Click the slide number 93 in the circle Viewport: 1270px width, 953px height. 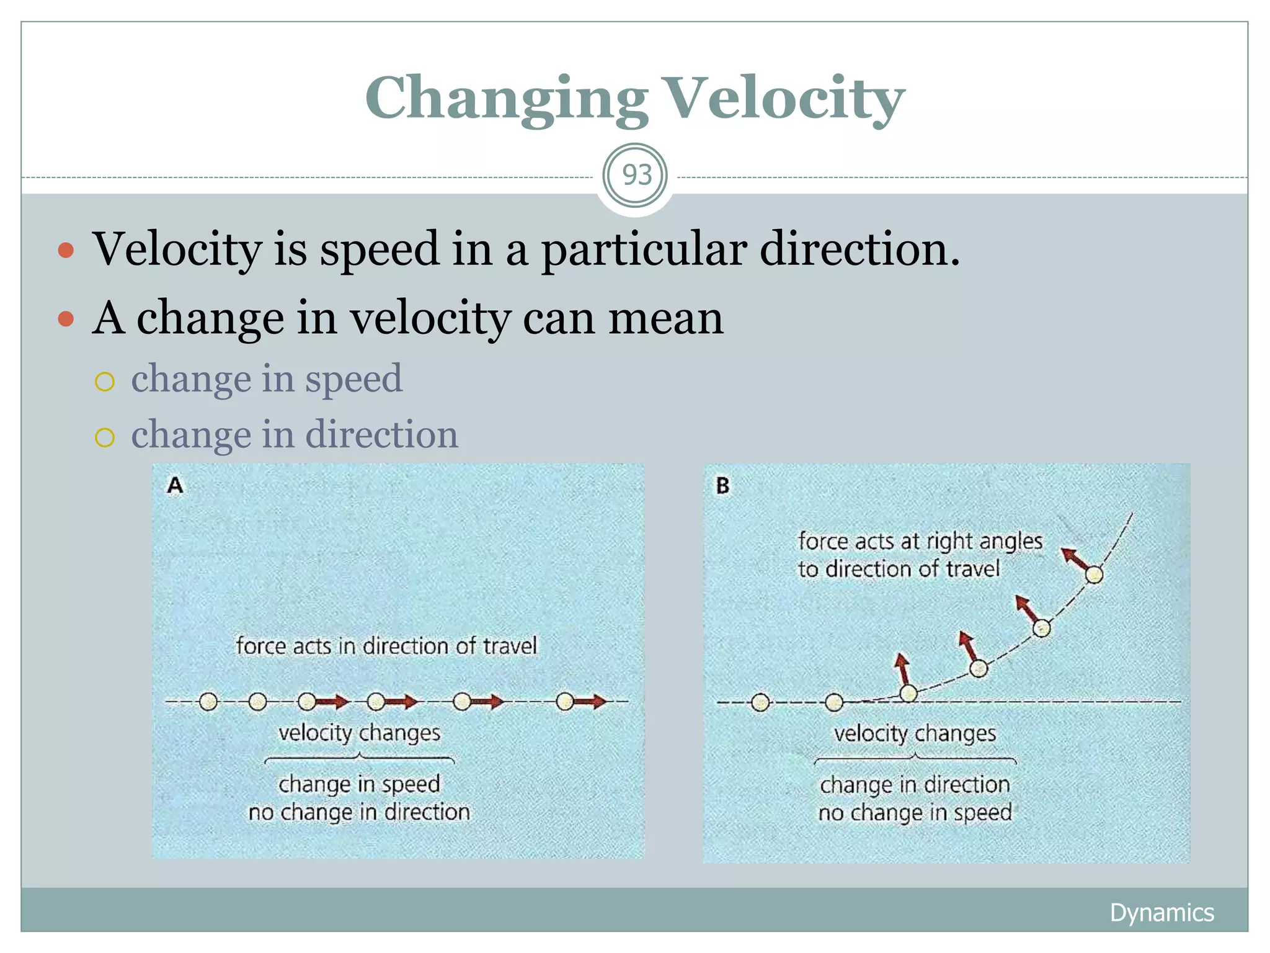tap(636, 176)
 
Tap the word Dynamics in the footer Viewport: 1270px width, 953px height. tap(1161, 913)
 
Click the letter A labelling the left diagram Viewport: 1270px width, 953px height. tap(175, 485)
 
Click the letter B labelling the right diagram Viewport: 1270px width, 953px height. tap(722, 485)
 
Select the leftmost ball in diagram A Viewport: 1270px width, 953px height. tap(208, 702)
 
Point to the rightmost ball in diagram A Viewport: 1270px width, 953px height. tap(564, 702)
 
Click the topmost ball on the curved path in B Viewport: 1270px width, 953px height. tap(1094, 575)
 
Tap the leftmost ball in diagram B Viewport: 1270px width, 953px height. tap(760, 702)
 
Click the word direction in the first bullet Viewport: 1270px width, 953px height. tap(860, 249)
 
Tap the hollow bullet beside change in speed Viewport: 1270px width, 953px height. tap(105, 382)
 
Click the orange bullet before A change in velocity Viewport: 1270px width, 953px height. tap(66, 320)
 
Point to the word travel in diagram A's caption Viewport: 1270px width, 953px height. tap(510, 646)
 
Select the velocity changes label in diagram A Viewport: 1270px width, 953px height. tap(359, 733)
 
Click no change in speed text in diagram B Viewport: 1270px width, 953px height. tap(915, 812)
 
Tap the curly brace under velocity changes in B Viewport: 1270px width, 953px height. tap(915, 758)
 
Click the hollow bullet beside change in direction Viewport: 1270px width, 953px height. tap(105, 437)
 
